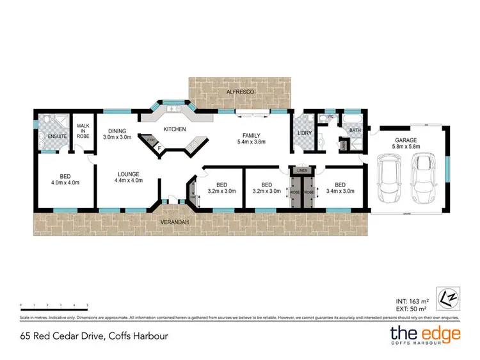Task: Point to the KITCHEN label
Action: (174, 129)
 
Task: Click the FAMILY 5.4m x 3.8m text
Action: (251, 138)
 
